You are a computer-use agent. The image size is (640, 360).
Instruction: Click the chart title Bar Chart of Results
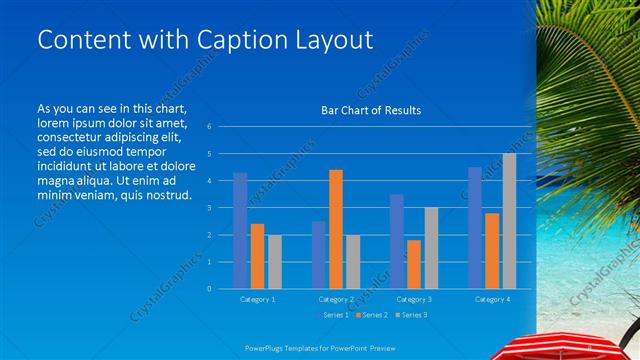pyautogui.click(x=371, y=110)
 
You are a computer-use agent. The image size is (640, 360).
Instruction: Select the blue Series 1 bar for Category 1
pyautogui.click(x=240, y=230)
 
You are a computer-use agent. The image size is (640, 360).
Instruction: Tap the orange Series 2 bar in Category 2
pyautogui.click(x=335, y=229)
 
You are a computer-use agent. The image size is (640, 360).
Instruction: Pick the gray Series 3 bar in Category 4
pyautogui.click(x=509, y=221)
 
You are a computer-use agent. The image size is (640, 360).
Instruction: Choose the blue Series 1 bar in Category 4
pyautogui.click(x=474, y=228)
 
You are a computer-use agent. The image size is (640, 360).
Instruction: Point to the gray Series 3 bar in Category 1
pyautogui.click(x=274, y=261)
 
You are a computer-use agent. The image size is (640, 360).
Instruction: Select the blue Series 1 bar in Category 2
pyautogui.click(x=318, y=254)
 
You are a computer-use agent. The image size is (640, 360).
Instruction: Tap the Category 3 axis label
pyautogui.click(x=413, y=299)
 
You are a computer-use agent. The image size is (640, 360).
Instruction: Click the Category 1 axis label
pyautogui.click(x=257, y=299)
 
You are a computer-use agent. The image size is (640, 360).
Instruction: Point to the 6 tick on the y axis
pyautogui.click(x=209, y=127)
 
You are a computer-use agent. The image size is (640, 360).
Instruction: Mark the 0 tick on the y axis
pyautogui.click(x=209, y=289)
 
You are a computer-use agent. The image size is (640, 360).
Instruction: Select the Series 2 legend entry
pyautogui.click(x=372, y=315)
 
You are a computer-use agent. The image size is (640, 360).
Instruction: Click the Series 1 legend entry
pyautogui.click(x=332, y=315)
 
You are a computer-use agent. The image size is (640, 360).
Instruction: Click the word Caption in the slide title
pyautogui.click(x=238, y=40)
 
